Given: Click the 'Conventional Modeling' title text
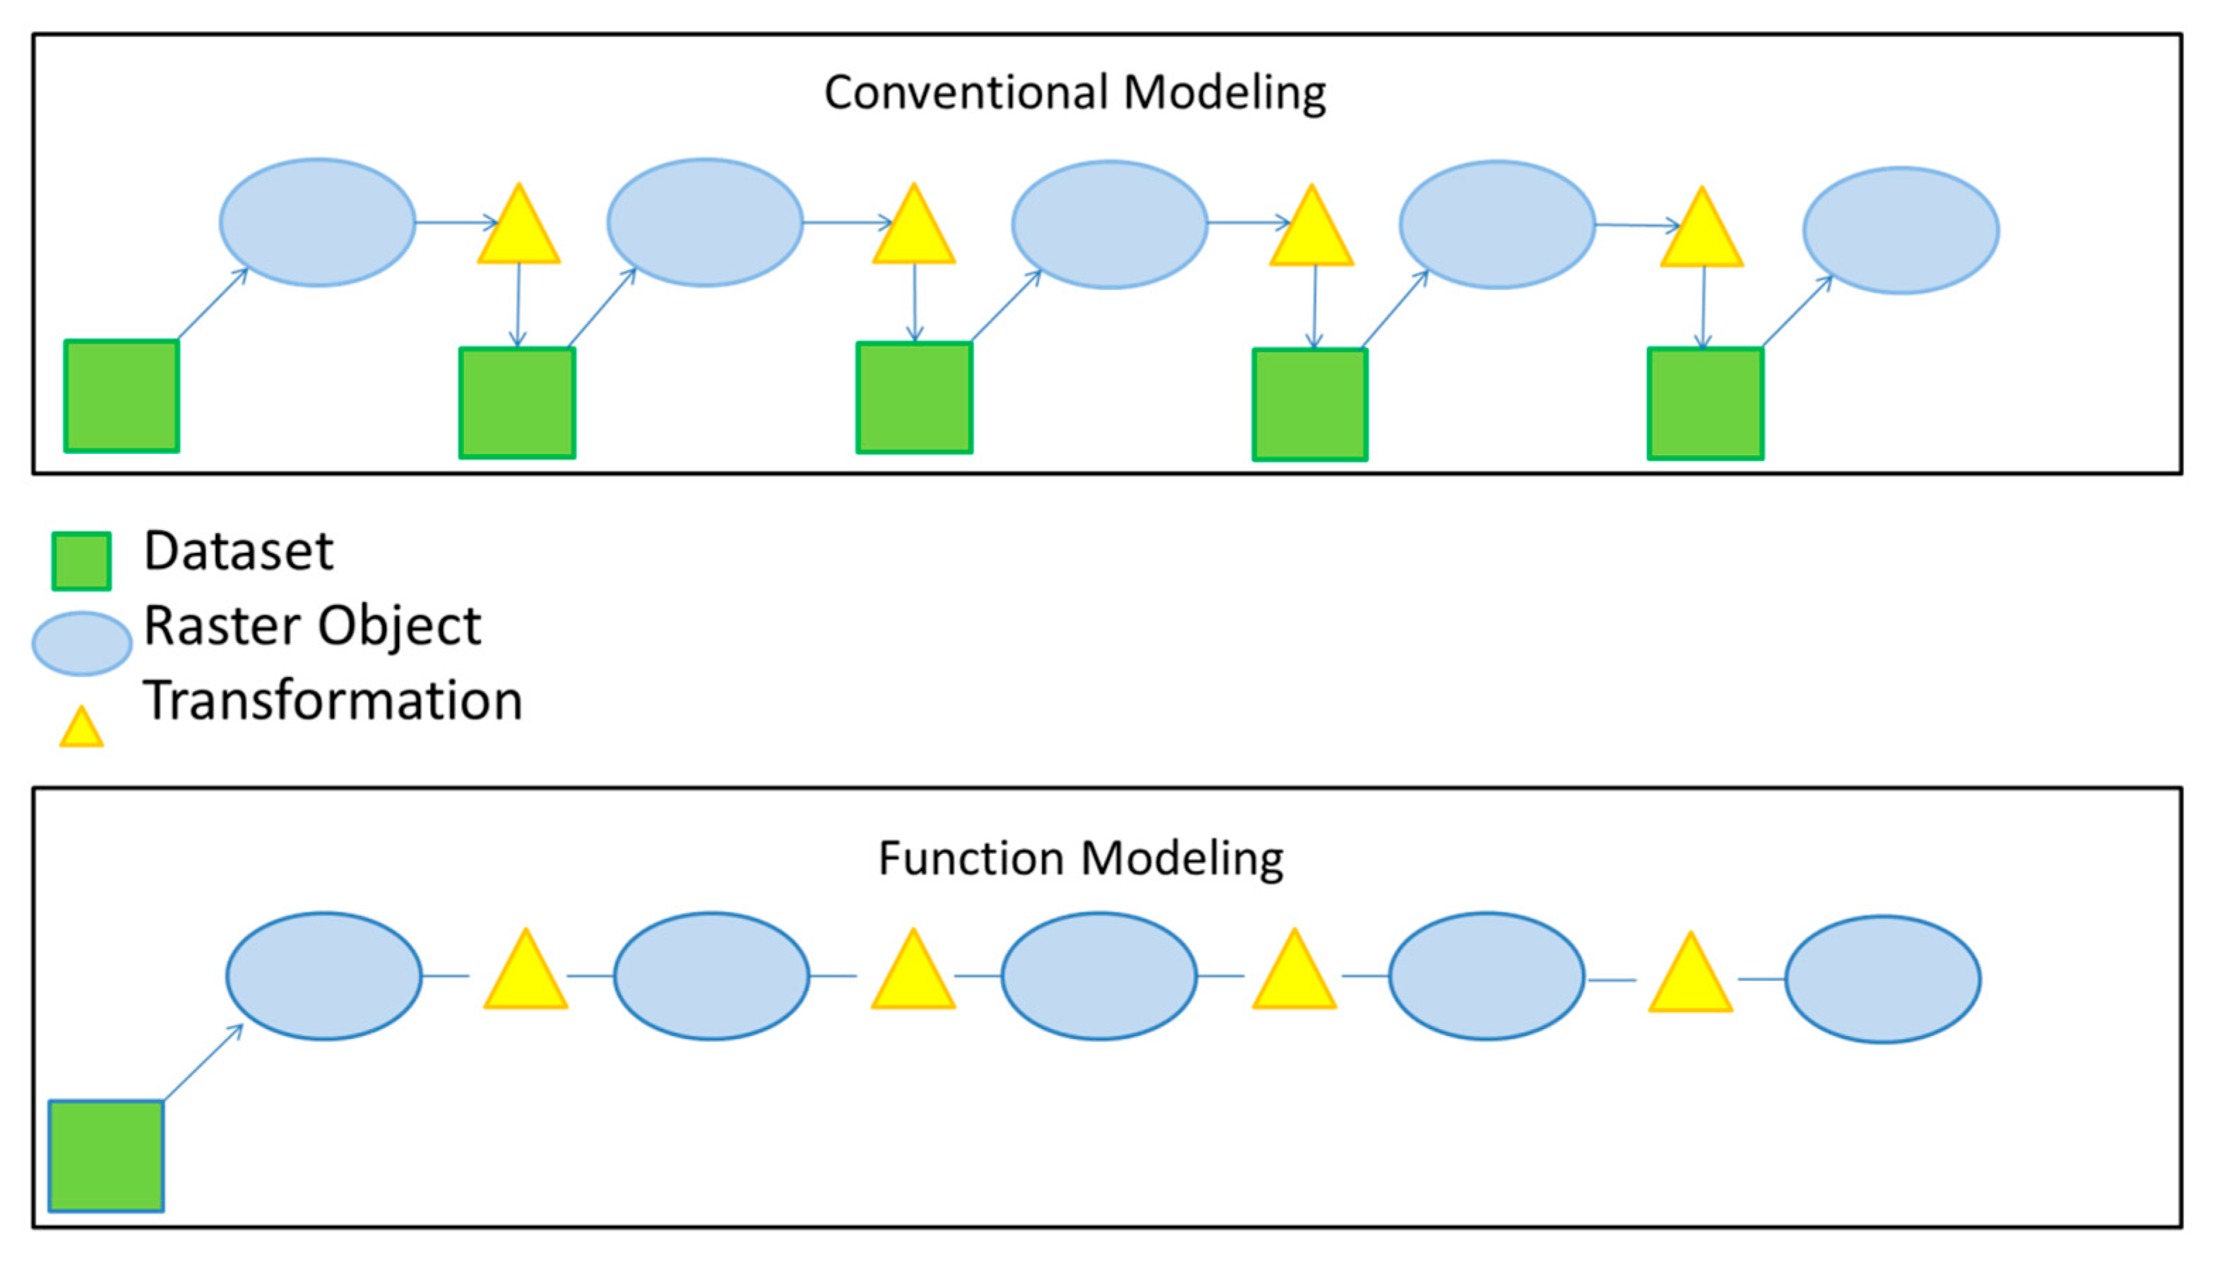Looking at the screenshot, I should (1074, 92).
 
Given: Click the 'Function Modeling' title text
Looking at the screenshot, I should (1081, 859).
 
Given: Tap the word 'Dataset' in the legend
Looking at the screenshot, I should (239, 551).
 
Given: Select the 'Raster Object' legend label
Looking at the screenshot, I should (312, 626).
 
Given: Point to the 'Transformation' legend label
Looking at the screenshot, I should (333, 700).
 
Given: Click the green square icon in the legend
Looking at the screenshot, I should (81, 561).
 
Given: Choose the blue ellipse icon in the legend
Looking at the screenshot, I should (81, 644).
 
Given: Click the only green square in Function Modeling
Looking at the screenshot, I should (106, 1155).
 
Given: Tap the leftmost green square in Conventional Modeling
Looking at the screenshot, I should (121, 396).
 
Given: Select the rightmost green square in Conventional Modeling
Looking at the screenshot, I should (1704, 403).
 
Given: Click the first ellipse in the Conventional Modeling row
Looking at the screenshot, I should (317, 223).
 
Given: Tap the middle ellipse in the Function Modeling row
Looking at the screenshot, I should (1098, 976).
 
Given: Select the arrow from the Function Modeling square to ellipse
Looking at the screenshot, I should (203, 1063).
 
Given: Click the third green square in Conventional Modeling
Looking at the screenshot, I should (914, 398).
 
